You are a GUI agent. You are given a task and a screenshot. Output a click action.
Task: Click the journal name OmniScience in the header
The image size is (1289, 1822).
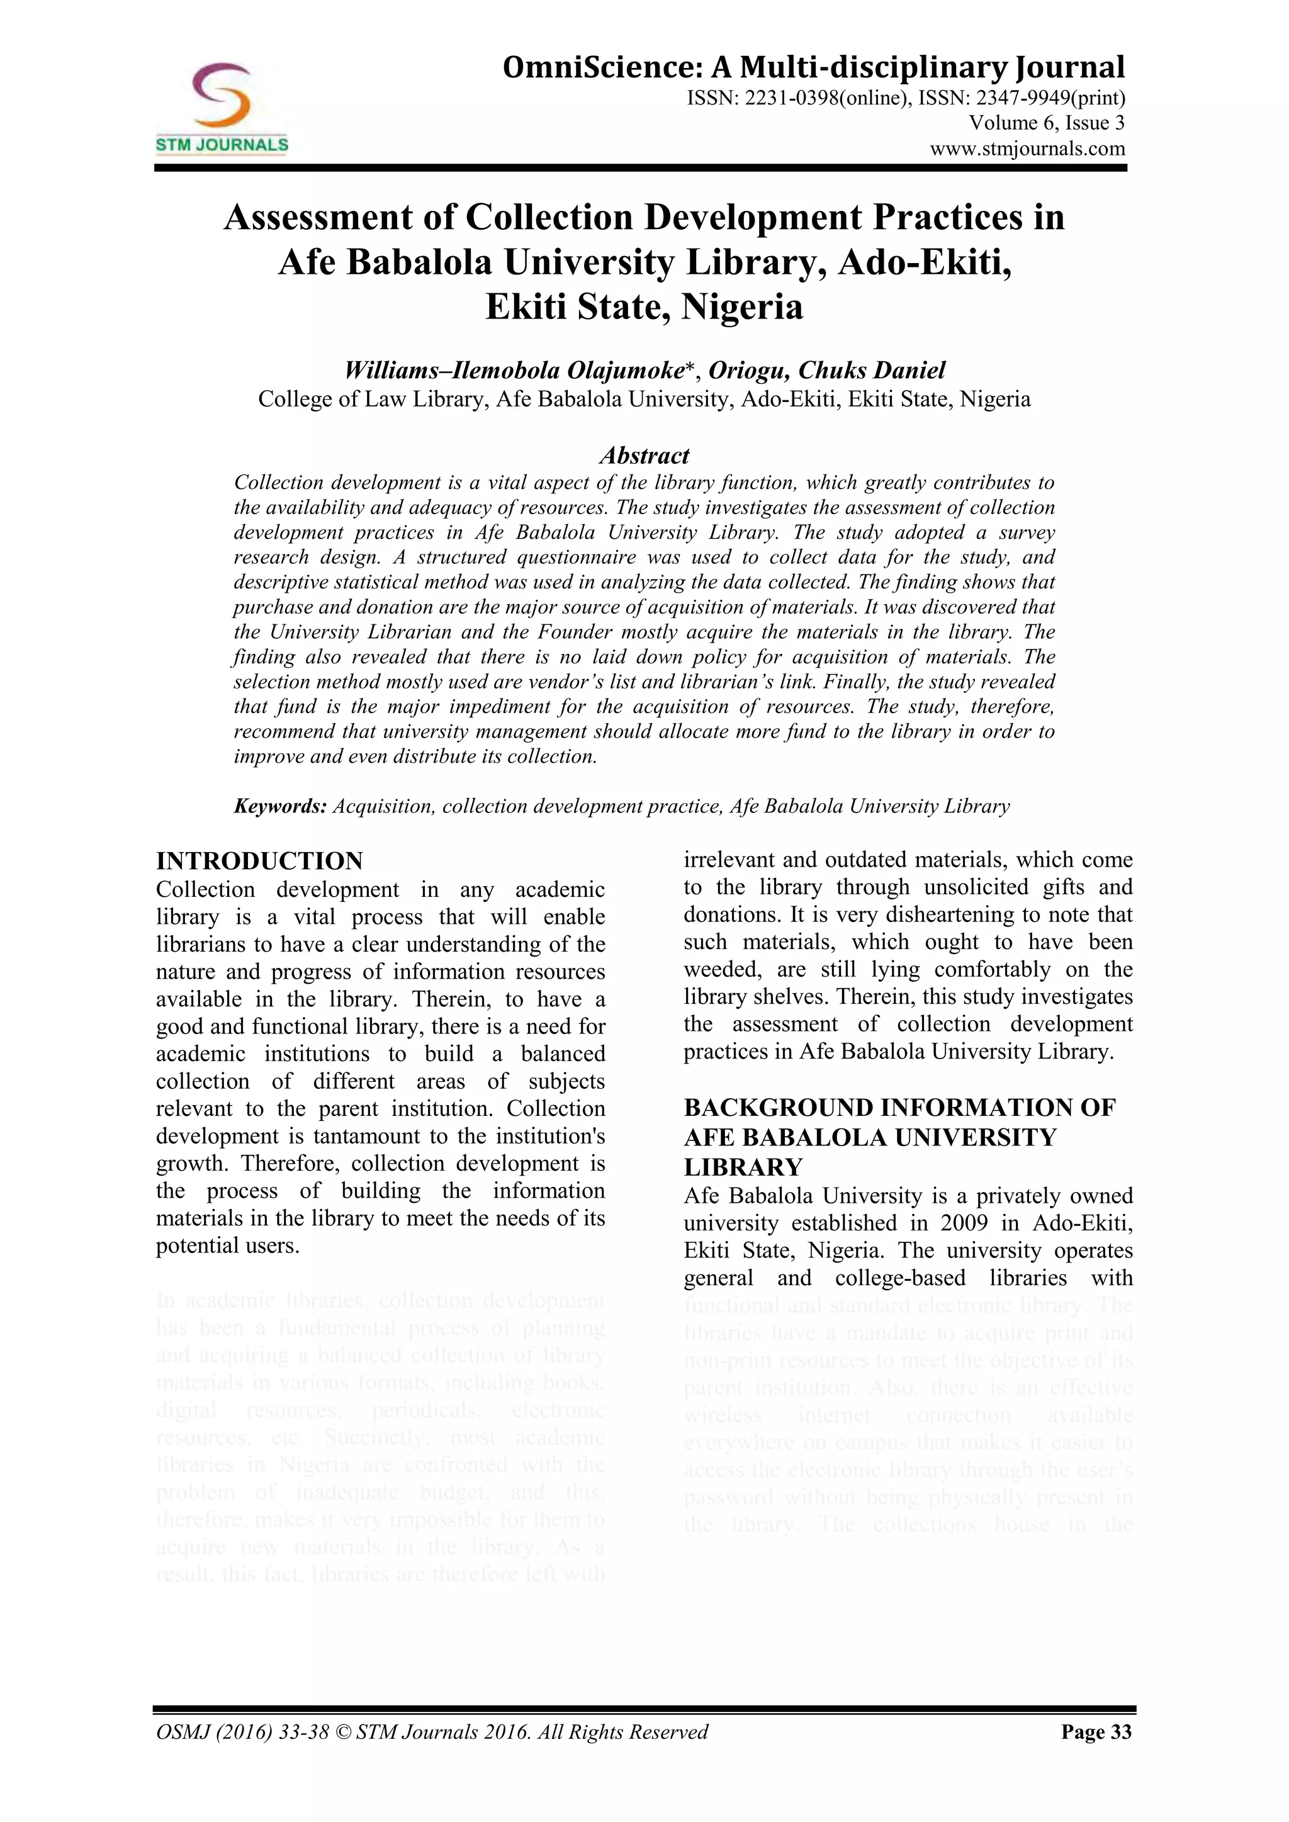(602, 67)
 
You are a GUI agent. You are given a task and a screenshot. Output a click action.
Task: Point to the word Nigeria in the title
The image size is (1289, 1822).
(742, 306)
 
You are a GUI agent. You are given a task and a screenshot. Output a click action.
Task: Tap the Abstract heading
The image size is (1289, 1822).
(644, 456)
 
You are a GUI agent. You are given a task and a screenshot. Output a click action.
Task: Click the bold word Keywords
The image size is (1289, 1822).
(280, 807)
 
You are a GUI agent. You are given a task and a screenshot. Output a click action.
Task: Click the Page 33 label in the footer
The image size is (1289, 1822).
(1096, 1731)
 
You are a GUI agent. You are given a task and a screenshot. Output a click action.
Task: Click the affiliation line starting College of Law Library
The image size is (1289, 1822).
(644, 399)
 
